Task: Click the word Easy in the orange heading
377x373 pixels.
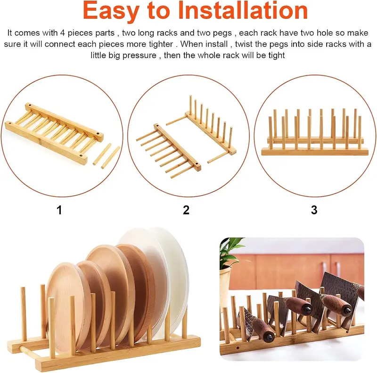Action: coord(111,11)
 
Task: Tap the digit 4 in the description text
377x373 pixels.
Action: coord(63,33)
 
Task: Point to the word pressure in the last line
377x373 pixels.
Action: coord(139,56)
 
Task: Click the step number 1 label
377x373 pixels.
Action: coord(59,210)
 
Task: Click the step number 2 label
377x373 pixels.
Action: coord(186,210)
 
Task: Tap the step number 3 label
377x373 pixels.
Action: coord(314,210)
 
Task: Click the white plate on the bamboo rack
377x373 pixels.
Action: coord(168,277)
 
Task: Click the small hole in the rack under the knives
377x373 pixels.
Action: coord(238,348)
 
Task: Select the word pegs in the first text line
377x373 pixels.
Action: coord(222,33)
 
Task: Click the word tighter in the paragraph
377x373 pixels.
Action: coord(161,44)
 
